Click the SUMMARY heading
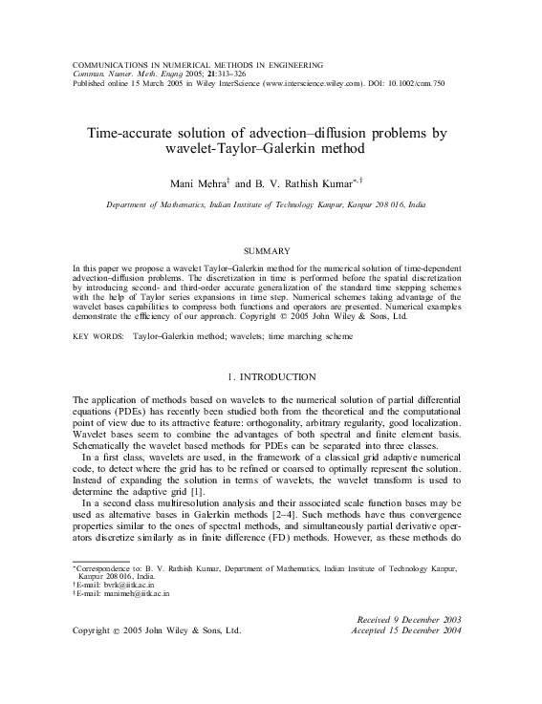[271, 250]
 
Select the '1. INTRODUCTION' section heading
[271, 377]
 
